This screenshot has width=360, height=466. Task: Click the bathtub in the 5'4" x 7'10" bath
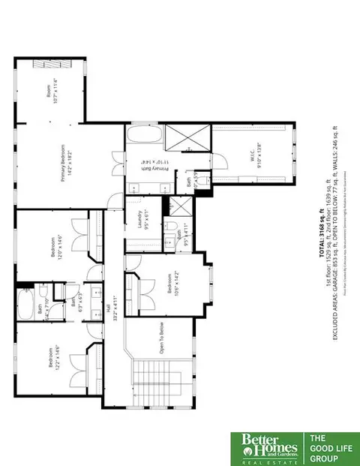pyautogui.click(x=25, y=305)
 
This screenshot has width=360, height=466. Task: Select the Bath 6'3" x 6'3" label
pyautogui.click(x=78, y=305)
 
